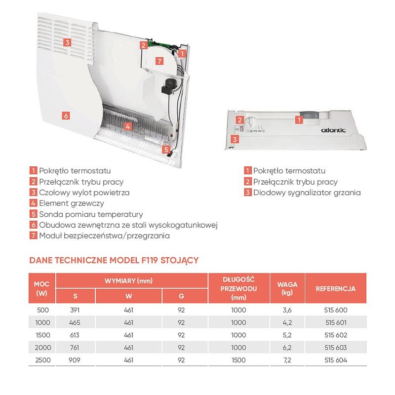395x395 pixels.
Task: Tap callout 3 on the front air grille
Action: click(67, 42)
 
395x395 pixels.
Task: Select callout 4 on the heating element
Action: click(128, 126)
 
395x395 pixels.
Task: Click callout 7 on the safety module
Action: click(158, 61)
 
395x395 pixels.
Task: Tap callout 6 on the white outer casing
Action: click(65, 115)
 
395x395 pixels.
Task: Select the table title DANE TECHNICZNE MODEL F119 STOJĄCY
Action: click(114, 259)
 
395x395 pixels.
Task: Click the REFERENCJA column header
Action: click(336, 288)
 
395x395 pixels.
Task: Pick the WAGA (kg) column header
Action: click(287, 288)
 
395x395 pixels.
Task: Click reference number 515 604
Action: click(336, 360)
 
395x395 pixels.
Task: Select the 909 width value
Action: click(75, 360)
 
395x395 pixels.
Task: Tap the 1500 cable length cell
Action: click(238, 360)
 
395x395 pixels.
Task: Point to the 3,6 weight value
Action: click(287, 310)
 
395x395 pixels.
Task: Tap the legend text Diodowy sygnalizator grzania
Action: click(307, 192)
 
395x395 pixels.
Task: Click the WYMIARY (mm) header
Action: click(132, 280)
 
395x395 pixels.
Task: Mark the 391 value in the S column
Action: click(75, 310)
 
